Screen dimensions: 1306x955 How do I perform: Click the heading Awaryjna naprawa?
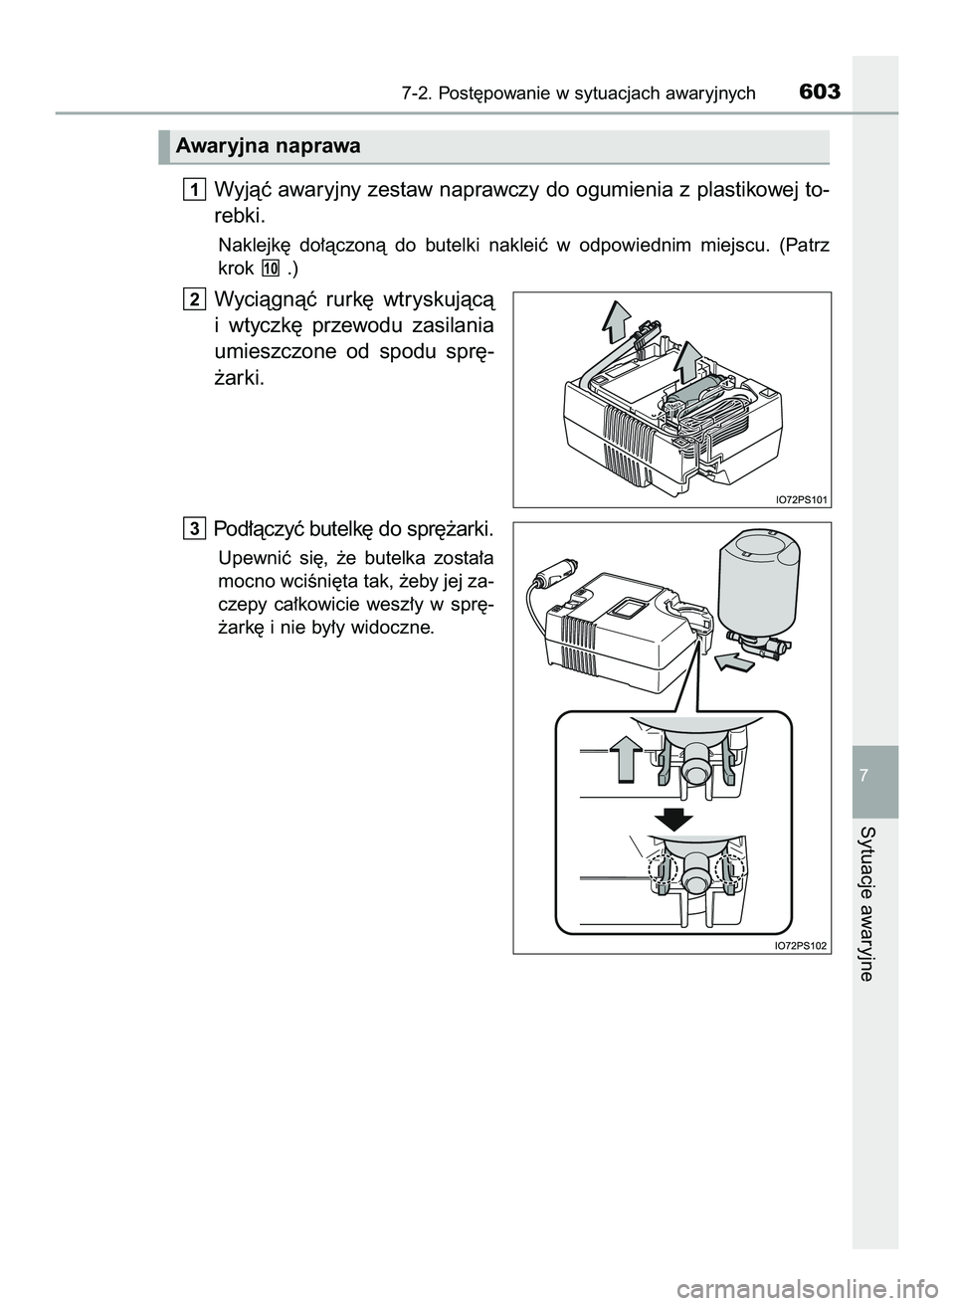tap(268, 147)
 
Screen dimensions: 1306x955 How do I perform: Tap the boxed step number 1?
tap(195, 189)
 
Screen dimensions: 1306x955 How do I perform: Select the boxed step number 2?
tap(195, 298)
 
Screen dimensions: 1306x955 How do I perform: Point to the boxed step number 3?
tap(195, 526)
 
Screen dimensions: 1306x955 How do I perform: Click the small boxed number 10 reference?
tap(271, 268)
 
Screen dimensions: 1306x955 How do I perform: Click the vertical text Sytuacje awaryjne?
tap(874, 904)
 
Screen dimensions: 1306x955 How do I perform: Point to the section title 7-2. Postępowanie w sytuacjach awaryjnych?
tap(579, 94)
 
